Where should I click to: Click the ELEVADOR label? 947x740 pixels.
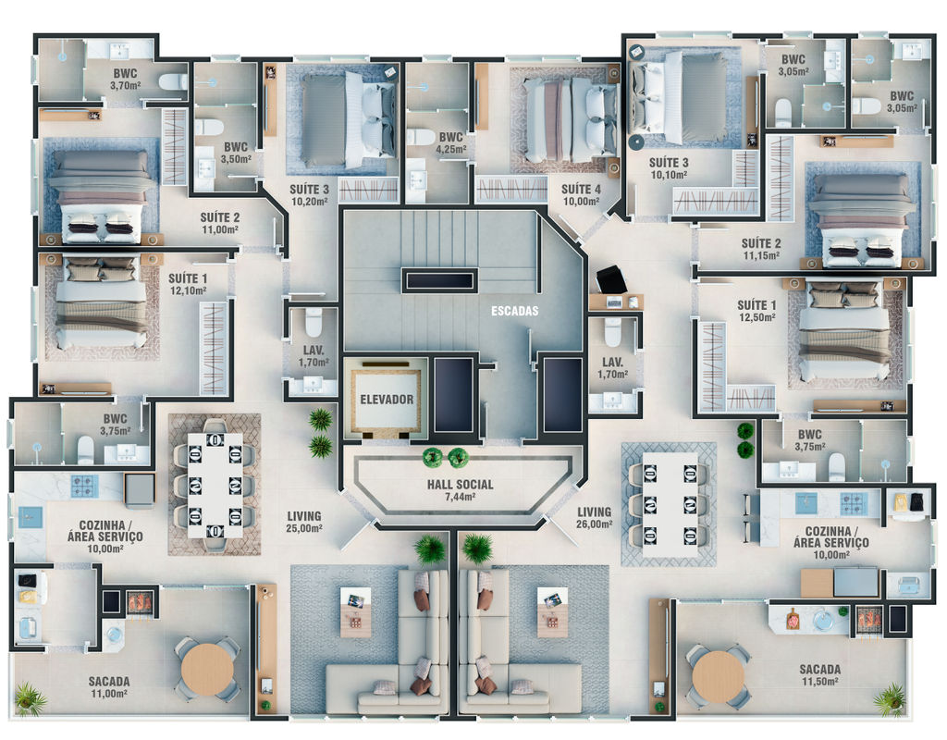pyautogui.click(x=387, y=400)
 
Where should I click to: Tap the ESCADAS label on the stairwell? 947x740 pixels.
pyautogui.click(x=514, y=311)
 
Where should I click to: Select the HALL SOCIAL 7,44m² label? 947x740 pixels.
pyautogui.click(x=461, y=490)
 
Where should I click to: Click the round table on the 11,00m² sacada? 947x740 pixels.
pyautogui.click(x=208, y=670)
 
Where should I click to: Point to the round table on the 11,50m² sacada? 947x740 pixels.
pyautogui.click(x=719, y=675)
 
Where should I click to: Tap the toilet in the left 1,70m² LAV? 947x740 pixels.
pyautogui.click(x=314, y=322)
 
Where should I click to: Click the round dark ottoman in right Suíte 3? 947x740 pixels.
pyautogui.click(x=635, y=142)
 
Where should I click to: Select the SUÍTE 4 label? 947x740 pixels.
pyautogui.click(x=581, y=189)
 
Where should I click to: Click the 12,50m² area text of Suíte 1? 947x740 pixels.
pyautogui.click(x=757, y=317)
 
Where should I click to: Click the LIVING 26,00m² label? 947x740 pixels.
pyautogui.click(x=595, y=518)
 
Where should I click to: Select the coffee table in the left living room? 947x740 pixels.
pyautogui.click(x=356, y=612)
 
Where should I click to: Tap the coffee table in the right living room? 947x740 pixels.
pyautogui.click(x=553, y=612)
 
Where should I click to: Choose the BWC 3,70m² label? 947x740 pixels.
pyautogui.click(x=125, y=80)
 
